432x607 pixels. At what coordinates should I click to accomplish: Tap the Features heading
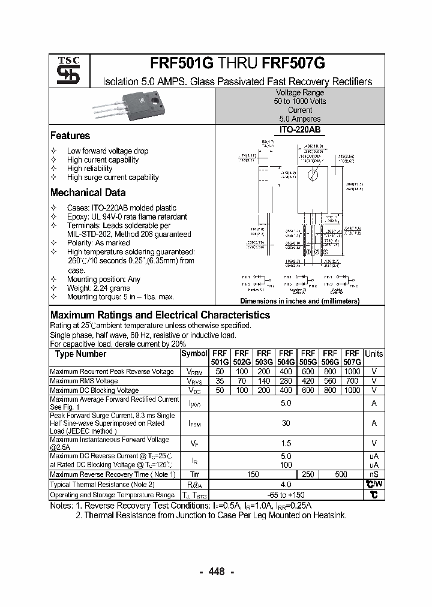(x=70, y=136)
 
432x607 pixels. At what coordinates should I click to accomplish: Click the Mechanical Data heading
(x=88, y=193)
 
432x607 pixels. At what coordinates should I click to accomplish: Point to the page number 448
(x=216, y=572)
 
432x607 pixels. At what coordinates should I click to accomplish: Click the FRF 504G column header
(x=286, y=358)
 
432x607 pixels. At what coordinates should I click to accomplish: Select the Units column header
(x=374, y=354)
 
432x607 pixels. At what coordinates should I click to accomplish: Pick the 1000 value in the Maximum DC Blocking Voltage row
(x=352, y=390)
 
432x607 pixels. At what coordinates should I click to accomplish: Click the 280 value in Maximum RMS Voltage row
(x=286, y=381)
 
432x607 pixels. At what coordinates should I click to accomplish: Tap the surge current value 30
(x=286, y=423)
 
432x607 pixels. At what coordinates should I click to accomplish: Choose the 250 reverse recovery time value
(x=308, y=474)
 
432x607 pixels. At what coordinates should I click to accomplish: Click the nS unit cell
(x=374, y=474)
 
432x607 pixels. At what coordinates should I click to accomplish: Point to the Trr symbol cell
(x=194, y=474)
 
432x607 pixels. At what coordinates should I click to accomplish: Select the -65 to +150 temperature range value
(x=286, y=495)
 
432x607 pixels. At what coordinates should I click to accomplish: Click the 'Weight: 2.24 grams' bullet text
(x=98, y=289)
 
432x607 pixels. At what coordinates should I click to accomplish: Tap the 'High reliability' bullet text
(x=90, y=169)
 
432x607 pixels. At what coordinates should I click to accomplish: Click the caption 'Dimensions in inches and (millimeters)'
(x=299, y=302)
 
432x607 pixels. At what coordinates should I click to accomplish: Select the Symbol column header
(x=194, y=354)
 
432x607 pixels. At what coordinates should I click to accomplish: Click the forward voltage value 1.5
(x=286, y=444)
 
